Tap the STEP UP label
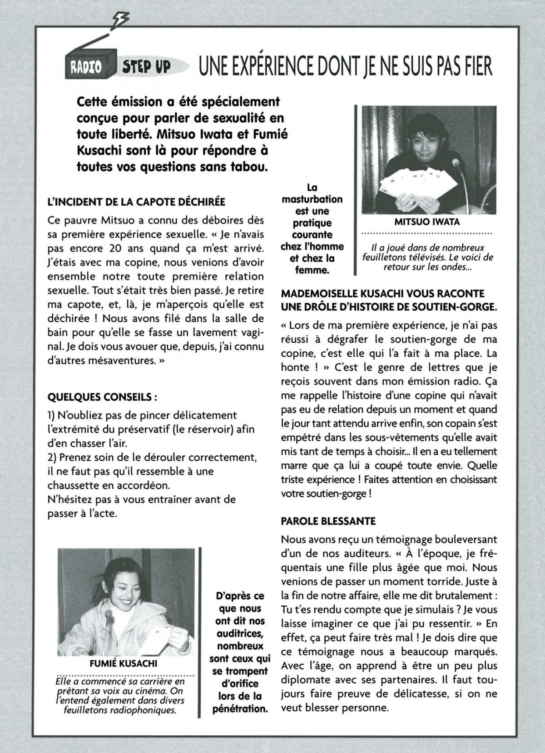[x=146, y=67]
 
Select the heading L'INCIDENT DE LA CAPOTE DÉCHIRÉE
[x=136, y=201]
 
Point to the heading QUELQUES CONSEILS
[x=102, y=397]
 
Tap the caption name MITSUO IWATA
[x=427, y=222]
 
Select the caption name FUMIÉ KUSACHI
[x=124, y=663]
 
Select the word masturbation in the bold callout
[x=312, y=199]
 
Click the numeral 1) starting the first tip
[x=51, y=415]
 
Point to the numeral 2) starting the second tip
[x=52, y=457]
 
